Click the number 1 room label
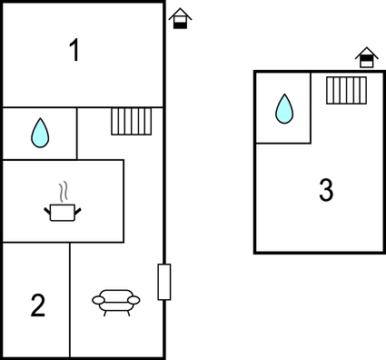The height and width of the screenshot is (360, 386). (x=74, y=52)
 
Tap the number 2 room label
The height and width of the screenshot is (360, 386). (x=37, y=305)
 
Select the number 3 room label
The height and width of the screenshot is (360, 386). (x=326, y=191)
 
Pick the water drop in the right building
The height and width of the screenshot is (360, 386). (x=284, y=109)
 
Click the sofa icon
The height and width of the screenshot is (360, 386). (x=115, y=301)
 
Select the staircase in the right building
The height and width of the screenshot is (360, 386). (x=345, y=91)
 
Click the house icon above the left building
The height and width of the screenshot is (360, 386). (x=181, y=18)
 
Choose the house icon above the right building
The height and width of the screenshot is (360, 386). (x=366, y=57)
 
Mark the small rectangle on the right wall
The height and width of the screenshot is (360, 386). (x=164, y=282)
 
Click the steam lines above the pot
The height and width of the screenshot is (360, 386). (x=62, y=193)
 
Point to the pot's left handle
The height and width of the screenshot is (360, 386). (x=47, y=211)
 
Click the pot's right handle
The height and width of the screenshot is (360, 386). (x=77, y=211)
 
